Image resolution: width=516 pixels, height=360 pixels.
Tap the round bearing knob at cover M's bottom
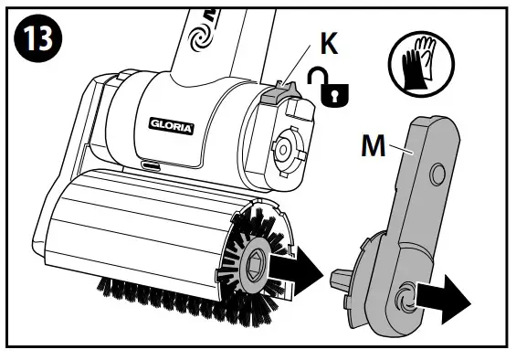point(405,295)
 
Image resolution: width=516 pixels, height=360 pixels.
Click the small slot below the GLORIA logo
point(148,167)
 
